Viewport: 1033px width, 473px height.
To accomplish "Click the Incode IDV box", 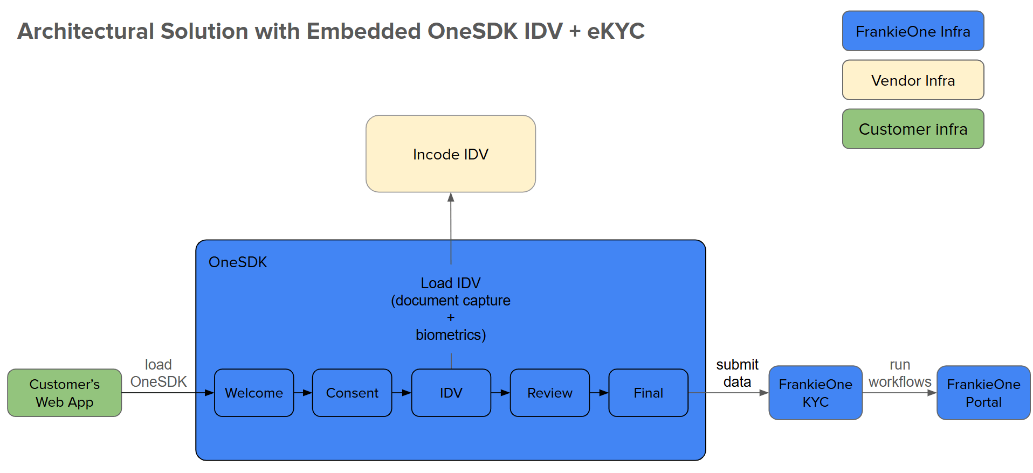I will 450,154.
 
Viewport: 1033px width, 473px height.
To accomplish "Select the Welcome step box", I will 254,393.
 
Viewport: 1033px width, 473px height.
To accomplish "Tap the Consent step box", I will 352,393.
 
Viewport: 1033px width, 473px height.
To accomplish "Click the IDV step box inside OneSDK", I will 451,393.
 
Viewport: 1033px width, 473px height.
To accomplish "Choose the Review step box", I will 549,393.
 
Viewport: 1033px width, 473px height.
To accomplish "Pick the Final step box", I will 648,393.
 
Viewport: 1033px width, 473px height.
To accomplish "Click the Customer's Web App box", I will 64,393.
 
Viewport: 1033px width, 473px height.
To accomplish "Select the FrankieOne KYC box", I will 815,393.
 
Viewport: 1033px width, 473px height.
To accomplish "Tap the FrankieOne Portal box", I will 983,393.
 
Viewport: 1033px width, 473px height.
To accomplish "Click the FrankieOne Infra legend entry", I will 913,31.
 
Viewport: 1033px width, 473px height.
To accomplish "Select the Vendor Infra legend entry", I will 913,80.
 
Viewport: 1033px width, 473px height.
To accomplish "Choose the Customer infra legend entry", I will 913,129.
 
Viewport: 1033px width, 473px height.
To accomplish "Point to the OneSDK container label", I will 237,262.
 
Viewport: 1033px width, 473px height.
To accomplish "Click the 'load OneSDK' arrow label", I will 158,373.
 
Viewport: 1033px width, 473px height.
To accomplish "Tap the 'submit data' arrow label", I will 737,373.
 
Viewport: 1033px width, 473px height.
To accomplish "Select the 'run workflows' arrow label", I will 899,373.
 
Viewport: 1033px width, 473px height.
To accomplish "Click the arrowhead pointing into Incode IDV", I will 451,197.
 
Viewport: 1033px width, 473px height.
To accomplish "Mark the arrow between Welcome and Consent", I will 303,393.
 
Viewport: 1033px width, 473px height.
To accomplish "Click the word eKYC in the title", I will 616,31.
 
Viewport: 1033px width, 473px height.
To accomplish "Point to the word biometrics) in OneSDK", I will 451,335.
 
